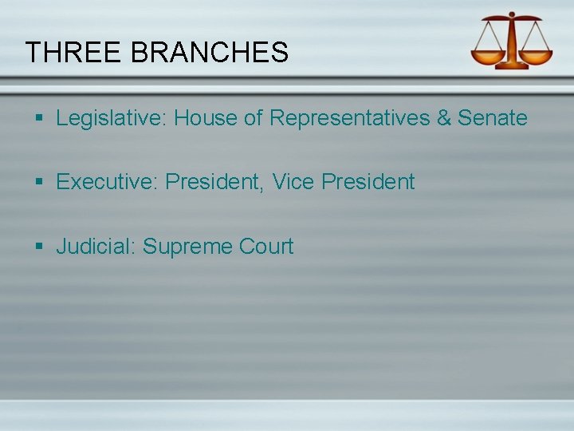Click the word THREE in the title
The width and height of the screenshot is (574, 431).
(73, 53)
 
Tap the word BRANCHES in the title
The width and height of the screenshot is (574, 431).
(209, 53)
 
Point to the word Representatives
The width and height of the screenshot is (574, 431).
(350, 118)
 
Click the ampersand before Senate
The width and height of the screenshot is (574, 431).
(444, 118)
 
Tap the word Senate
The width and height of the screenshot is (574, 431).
(493, 118)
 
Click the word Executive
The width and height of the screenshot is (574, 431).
(107, 182)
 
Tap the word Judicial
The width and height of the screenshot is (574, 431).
(96, 247)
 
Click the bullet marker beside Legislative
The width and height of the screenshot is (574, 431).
(40, 119)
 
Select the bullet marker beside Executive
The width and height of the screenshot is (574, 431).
(40, 183)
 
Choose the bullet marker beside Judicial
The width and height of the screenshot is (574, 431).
(40, 247)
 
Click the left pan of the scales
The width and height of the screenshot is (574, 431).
(488, 56)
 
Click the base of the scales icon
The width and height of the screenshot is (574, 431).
(511, 65)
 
